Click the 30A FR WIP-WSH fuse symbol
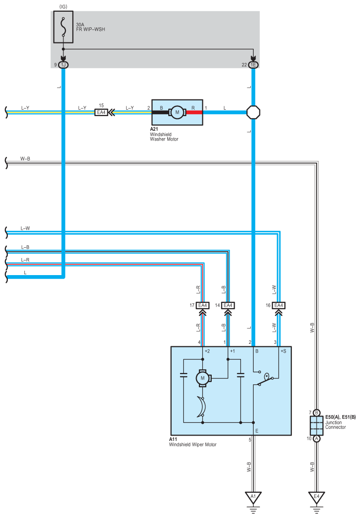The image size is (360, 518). [x=63, y=27]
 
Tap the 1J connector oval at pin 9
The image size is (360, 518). [x=63, y=65]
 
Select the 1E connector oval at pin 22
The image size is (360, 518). [x=253, y=65]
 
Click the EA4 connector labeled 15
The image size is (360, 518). [x=101, y=112]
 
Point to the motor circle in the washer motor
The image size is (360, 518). [x=177, y=112]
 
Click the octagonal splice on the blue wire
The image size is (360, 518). [x=253, y=112]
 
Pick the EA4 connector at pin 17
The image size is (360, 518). [x=202, y=305]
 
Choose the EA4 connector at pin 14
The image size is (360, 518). [x=228, y=305]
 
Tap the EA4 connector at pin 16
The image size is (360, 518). [x=279, y=305]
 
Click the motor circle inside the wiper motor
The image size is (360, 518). [x=202, y=379]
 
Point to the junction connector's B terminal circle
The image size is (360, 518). [x=317, y=413]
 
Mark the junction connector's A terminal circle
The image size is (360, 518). [x=317, y=438]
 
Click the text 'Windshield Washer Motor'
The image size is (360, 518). [x=164, y=137]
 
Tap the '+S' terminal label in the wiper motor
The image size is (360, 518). [x=283, y=351]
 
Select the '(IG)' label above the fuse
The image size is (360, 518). [x=63, y=7]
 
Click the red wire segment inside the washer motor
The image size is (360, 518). [x=194, y=112]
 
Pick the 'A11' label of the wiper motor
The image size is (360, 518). [x=173, y=439]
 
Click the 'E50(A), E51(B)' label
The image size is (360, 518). [x=340, y=417]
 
